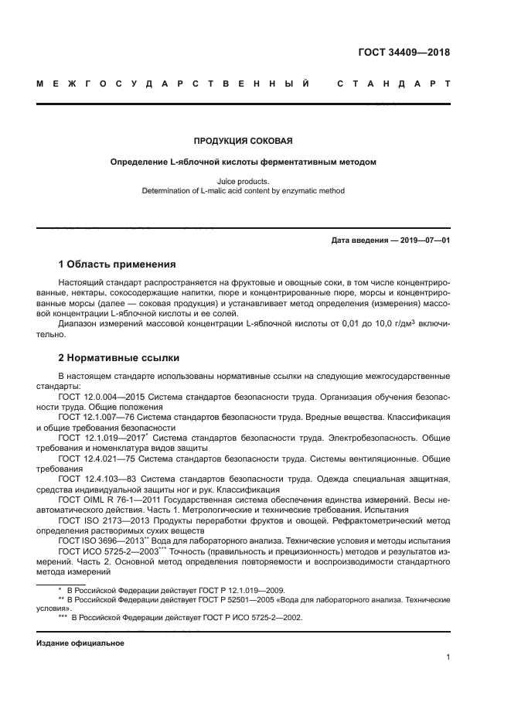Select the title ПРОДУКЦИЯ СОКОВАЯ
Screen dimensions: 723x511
(243, 142)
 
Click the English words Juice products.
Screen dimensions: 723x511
(243, 181)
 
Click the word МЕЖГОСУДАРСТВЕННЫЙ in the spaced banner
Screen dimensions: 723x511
(173, 81)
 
